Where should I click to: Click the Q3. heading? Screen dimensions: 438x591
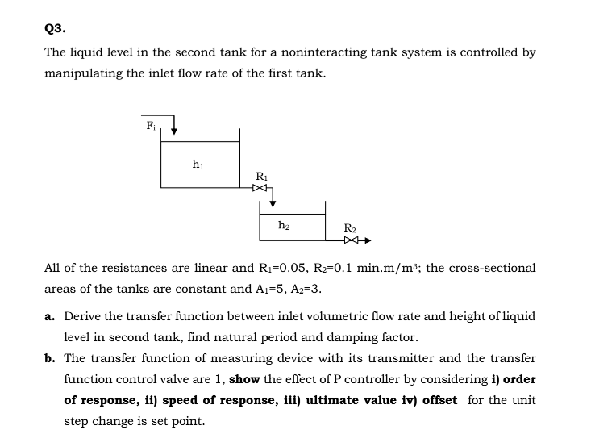[55, 27]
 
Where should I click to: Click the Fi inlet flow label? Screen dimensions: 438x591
[151, 126]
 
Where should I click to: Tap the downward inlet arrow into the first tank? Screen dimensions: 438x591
[173, 128]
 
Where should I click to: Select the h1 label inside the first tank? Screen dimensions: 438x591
[198, 165]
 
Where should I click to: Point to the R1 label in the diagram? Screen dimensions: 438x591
[260, 176]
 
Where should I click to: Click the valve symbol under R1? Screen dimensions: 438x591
[258, 188]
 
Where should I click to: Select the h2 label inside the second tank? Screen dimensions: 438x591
[283, 225]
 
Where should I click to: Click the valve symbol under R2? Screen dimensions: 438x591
[351, 240]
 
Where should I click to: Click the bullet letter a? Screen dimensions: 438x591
[49, 316]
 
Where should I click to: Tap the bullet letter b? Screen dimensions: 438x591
[49, 358]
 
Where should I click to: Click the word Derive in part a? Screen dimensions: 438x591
[82, 316]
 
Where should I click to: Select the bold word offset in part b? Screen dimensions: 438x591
[435, 400]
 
